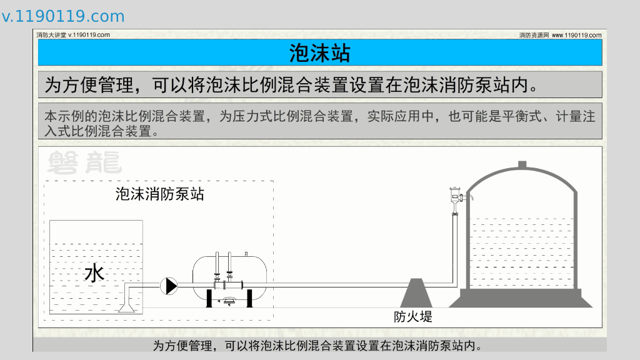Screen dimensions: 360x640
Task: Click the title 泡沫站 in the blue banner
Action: (319, 53)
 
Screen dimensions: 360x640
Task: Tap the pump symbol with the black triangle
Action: (169, 286)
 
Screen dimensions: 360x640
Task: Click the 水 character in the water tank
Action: (94, 273)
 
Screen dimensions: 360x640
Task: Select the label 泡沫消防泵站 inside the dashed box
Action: (159, 194)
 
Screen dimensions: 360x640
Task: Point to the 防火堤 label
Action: (412, 316)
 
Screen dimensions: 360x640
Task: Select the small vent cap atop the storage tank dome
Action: (522, 164)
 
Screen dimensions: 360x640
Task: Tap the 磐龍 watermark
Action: (84, 162)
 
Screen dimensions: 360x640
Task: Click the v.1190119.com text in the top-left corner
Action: (63, 16)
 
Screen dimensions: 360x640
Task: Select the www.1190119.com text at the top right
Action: (576, 35)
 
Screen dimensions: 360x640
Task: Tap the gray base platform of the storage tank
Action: (521, 298)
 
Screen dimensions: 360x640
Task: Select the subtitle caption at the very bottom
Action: (319, 345)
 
